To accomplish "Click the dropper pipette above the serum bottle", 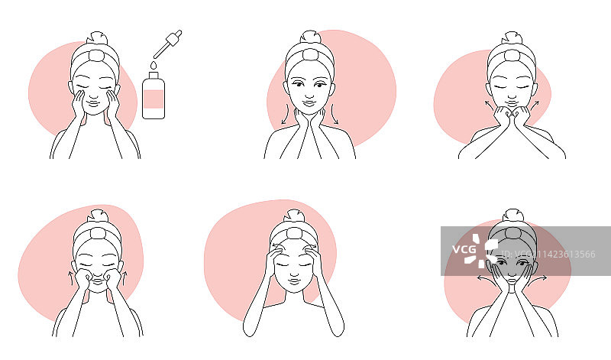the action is (167, 44).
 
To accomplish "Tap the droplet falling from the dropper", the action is (154, 65).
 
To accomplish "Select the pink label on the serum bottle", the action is (154, 99).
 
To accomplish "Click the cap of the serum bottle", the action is (154, 75).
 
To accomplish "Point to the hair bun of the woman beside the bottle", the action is (97, 37).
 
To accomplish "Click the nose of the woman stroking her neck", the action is (309, 93).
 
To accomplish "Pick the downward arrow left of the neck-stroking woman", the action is (285, 114).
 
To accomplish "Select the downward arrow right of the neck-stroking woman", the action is (335, 114).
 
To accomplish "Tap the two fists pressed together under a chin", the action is (511, 115).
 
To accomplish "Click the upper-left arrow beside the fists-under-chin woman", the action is (489, 105).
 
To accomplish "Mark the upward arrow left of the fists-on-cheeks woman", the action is (71, 278).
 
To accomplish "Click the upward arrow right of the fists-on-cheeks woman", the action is (124, 278).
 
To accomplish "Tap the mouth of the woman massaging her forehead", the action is (295, 280).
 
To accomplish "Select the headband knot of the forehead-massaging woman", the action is (295, 233).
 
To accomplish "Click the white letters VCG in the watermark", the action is (464, 249).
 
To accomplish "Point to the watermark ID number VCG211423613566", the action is (548, 255).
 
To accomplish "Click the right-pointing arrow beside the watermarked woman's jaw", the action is (538, 278).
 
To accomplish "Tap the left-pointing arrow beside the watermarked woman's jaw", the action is (487, 278).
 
